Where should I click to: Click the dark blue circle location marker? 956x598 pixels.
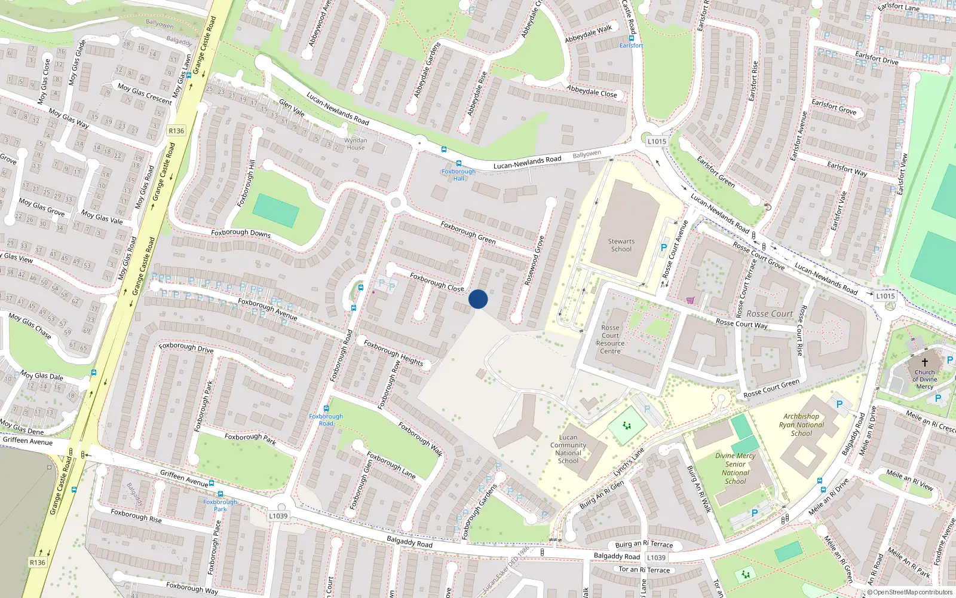478,299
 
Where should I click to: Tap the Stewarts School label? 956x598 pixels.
621,245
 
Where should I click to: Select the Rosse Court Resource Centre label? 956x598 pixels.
610,339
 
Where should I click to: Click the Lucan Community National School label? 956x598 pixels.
568,448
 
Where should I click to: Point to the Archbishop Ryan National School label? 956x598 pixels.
801,425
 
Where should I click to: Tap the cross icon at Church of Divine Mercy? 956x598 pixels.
924,362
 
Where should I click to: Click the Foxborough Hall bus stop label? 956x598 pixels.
458,174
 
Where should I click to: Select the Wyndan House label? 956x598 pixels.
356,144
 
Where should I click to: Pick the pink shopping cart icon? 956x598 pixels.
691,300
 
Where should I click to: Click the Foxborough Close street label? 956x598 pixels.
437,282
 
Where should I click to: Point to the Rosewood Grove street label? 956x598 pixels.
534,260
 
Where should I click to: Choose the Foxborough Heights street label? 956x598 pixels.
393,353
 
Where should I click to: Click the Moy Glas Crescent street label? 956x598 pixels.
145,94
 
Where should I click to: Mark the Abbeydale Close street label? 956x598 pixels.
592,91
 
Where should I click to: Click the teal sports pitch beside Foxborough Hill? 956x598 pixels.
275,210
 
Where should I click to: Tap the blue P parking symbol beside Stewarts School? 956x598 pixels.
663,247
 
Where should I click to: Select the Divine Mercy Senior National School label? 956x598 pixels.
736,468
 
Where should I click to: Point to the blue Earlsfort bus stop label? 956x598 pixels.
631,45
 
